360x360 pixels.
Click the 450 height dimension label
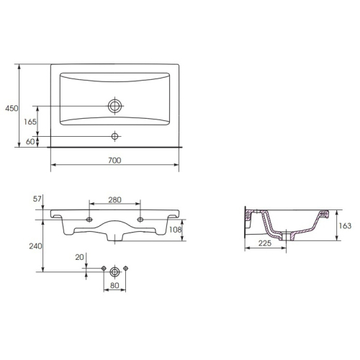[x=12, y=108]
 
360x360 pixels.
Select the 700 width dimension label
[x=114, y=160]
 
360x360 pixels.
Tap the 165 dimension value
[x=30, y=122]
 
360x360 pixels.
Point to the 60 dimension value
[x=30, y=142]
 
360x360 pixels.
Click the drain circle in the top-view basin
[x=114, y=106]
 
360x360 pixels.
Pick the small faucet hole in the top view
[x=114, y=136]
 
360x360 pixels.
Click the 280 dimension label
[x=114, y=199]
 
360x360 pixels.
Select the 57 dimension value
[x=37, y=199]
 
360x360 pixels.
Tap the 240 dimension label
[x=35, y=246]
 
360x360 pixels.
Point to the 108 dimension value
[x=176, y=230]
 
